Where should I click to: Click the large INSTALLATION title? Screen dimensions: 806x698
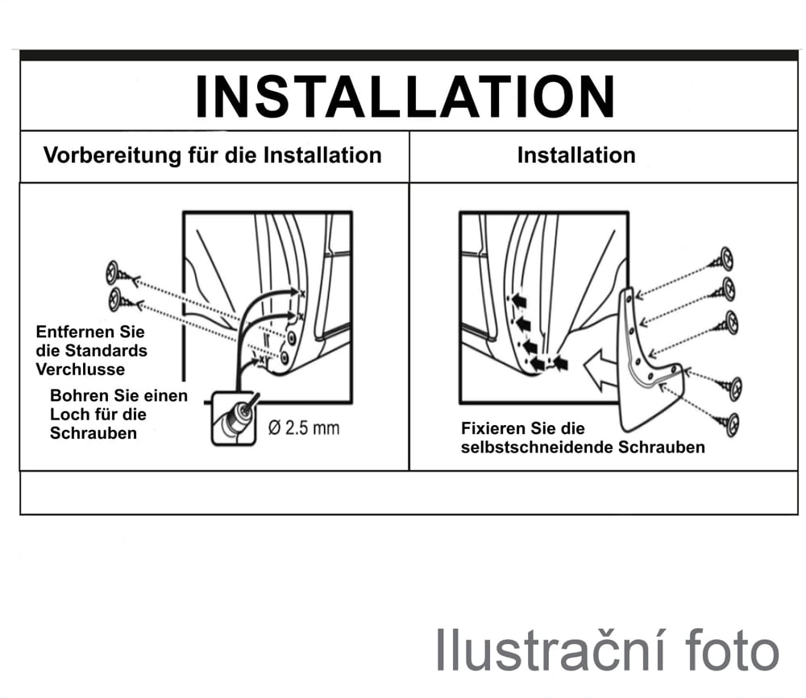pyautogui.click(x=405, y=97)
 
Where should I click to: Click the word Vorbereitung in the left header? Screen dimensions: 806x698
pyautogui.click(x=112, y=155)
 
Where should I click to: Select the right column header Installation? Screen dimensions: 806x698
pyautogui.click(x=576, y=155)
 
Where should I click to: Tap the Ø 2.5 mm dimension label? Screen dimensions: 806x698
pyautogui.click(x=304, y=427)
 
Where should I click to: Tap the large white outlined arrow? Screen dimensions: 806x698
pyautogui.click(x=600, y=370)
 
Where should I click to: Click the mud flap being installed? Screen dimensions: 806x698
pyautogui.click(x=649, y=361)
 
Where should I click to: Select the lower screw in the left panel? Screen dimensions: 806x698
pyautogui.click(x=123, y=300)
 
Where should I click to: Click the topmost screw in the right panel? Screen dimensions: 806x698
pyautogui.click(x=721, y=260)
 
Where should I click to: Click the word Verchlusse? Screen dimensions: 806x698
pyautogui.click(x=80, y=370)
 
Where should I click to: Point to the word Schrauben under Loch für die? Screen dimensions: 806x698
pyautogui.click(x=93, y=433)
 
